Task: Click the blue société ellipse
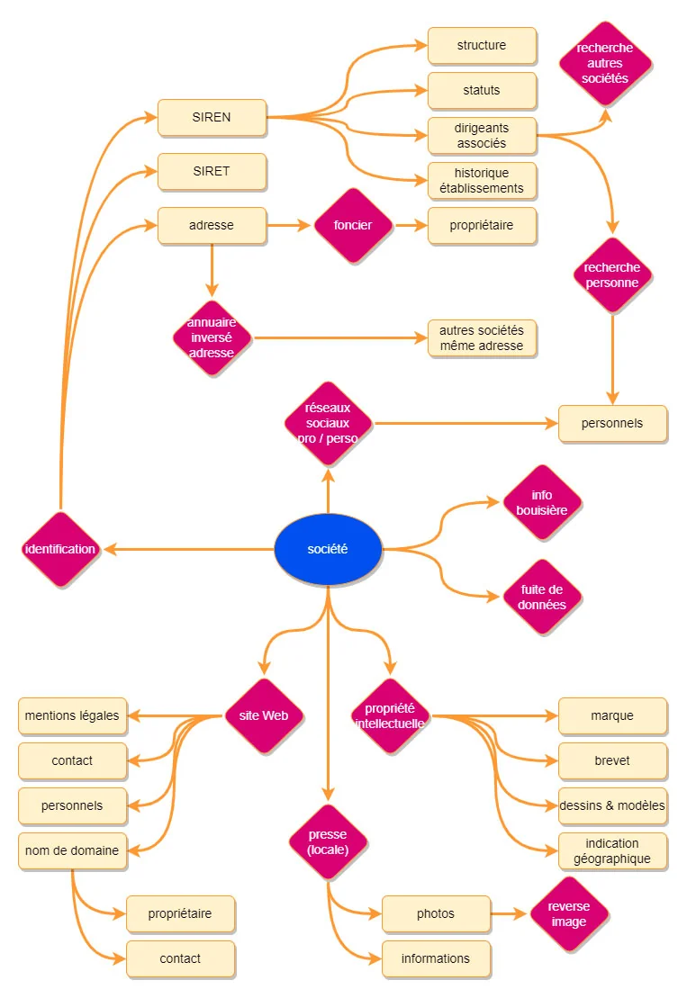[x=328, y=549]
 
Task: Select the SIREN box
[x=212, y=117]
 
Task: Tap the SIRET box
[x=212, y=171]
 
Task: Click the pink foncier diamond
[x=352, y=225]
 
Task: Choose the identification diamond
[x=60, y=549]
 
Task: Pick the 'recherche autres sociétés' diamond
[x=605, y=63]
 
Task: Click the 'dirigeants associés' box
[x=482, y=135]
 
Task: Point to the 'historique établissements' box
[x=482, y=180]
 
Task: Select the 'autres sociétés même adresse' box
[x=482, y=337]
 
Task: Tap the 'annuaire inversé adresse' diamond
[x=212, y=337]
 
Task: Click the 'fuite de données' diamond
[x=542, y=597]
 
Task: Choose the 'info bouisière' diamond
[x=542, y=502]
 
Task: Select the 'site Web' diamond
[x=263, y=715]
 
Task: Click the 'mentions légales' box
[x=72, y=715]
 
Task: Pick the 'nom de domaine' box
[x=72, y=850]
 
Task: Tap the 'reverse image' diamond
[x=569, y=913]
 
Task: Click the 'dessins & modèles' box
[x=612, y=805]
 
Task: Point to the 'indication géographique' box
[x=612, y=850]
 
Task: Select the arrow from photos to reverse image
[x=510, y=913]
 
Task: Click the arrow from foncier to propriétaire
[x=411, y=225]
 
